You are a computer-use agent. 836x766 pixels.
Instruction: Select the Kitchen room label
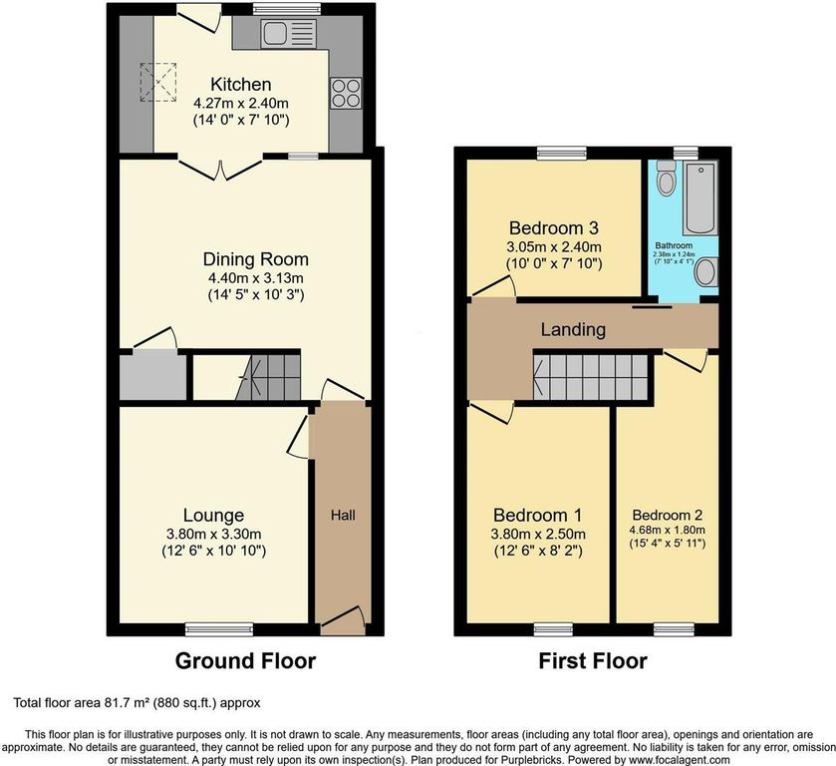tap(240, 84)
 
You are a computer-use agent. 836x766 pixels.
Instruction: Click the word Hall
tap(342, 515)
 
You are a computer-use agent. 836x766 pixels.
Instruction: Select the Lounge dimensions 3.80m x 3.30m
tap(211, 534)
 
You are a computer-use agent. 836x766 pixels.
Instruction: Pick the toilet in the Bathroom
tap(666, 180)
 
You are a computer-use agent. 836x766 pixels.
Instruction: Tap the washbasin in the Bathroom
tap(705, 270)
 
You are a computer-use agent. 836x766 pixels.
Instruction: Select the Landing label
tap(573, 329)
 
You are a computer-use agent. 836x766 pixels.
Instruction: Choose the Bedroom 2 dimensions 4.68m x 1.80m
tap(667, 530)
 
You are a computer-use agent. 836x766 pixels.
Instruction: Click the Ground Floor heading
tap(245, 660)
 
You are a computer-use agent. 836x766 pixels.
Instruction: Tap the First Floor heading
tap(593, 660)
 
